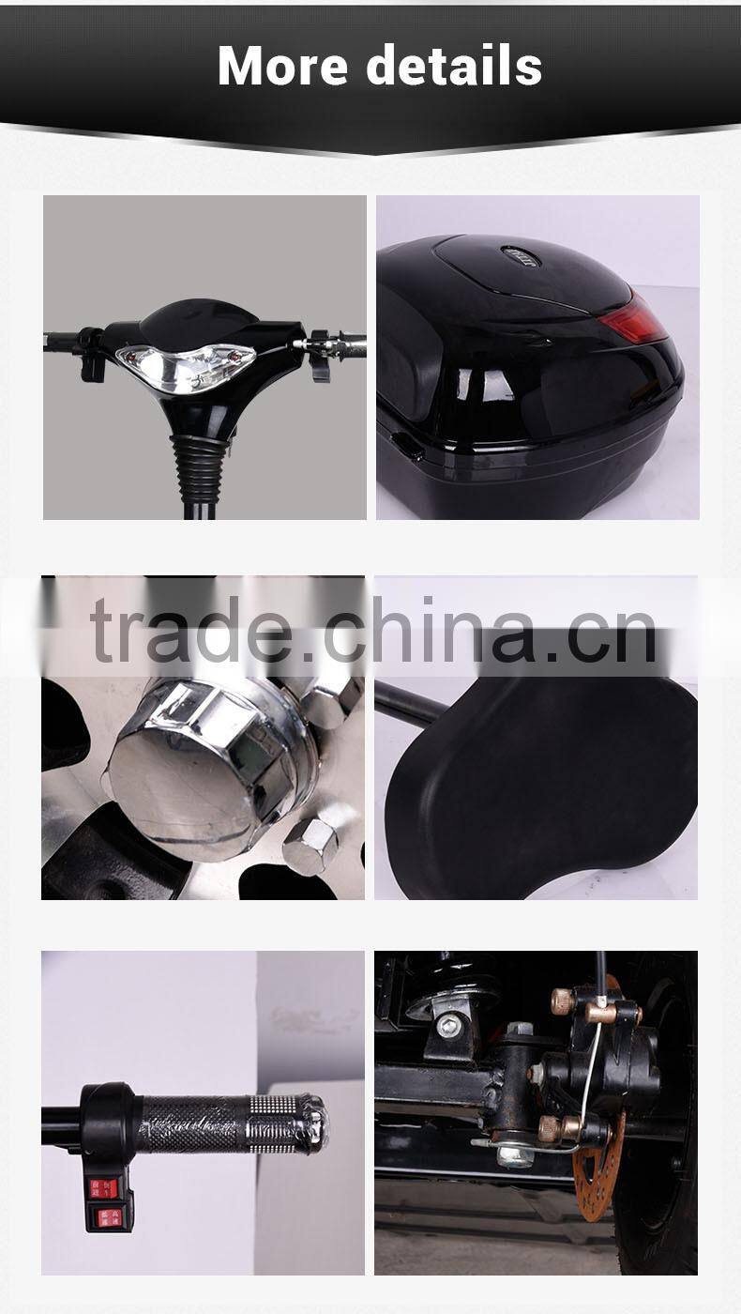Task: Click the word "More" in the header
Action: coord(281,66)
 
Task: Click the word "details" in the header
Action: coord(454,66)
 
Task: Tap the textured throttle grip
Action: coord(230,1122)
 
